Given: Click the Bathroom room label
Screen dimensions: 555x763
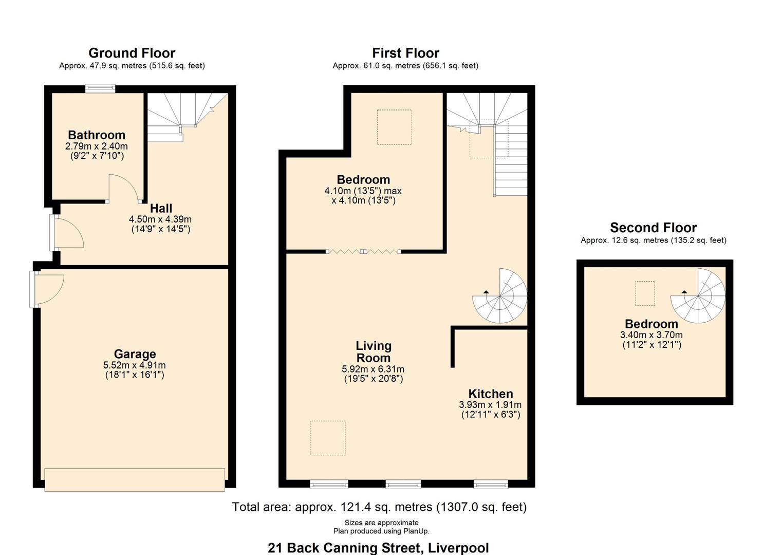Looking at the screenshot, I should click(x=97, y=135).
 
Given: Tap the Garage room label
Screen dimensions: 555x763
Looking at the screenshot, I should click(x=135, y=354).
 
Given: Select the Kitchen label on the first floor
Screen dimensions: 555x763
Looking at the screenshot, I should click(x=491, y=394).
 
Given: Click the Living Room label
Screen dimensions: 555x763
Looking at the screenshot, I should click(x=374, y=352).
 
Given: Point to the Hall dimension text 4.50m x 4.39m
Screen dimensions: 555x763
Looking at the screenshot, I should click(x=160, y=219).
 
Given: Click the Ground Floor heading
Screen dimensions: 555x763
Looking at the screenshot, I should click(x=132, y=53).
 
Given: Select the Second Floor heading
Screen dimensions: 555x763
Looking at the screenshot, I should click(x=653, y=228).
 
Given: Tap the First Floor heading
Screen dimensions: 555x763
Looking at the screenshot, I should click(x=405, y=53).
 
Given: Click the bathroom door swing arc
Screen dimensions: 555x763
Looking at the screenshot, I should click(x=123, y=188).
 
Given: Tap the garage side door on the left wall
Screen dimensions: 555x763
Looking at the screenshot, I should click(x=46, y=290).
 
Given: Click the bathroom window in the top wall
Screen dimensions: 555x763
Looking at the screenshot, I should click(x=100, y=89).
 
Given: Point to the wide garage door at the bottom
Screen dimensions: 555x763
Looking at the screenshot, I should click(x=135, y=479).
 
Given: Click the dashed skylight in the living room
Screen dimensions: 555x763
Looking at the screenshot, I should click(x=328, y=438).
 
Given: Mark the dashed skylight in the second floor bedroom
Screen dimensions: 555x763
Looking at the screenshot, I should click(x=645, y=293).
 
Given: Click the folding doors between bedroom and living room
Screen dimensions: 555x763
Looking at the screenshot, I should click(x=363, y=251).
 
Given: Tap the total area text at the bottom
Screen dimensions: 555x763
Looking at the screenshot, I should click(x=379, y=507).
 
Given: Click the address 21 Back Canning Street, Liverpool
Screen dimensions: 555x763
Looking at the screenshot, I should click(x=378, y=548).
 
